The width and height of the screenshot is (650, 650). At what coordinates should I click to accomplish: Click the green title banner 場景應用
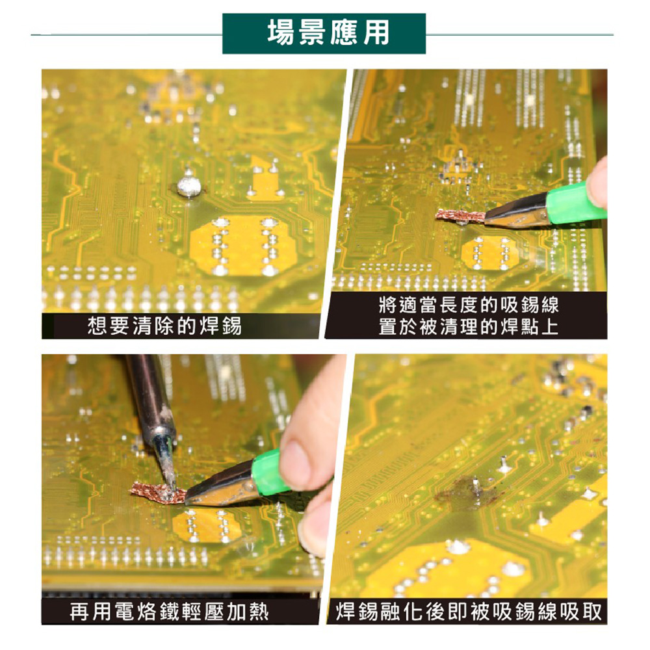[324, 34]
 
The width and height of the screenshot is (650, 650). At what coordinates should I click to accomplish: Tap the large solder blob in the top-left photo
[189, 186]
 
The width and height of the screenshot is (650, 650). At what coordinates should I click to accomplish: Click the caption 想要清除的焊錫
[164, 326]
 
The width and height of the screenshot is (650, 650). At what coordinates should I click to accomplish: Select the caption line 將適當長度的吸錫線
[469, 305]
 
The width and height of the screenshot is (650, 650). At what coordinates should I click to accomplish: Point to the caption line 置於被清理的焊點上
[469, 327]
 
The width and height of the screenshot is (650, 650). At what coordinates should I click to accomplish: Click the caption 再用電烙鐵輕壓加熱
[169, 612]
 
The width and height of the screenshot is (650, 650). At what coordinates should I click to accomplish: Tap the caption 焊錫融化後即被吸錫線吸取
[469, 612]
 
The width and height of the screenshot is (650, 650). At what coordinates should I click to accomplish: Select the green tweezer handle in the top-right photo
[575, 204]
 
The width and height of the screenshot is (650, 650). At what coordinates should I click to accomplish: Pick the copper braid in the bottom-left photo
[158, 491]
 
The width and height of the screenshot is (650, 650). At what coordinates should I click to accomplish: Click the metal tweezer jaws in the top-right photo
[517, 210]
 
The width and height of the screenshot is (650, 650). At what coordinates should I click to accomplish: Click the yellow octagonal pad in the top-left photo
[243, 246]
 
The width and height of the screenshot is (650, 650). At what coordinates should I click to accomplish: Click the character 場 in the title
[282, 33]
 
